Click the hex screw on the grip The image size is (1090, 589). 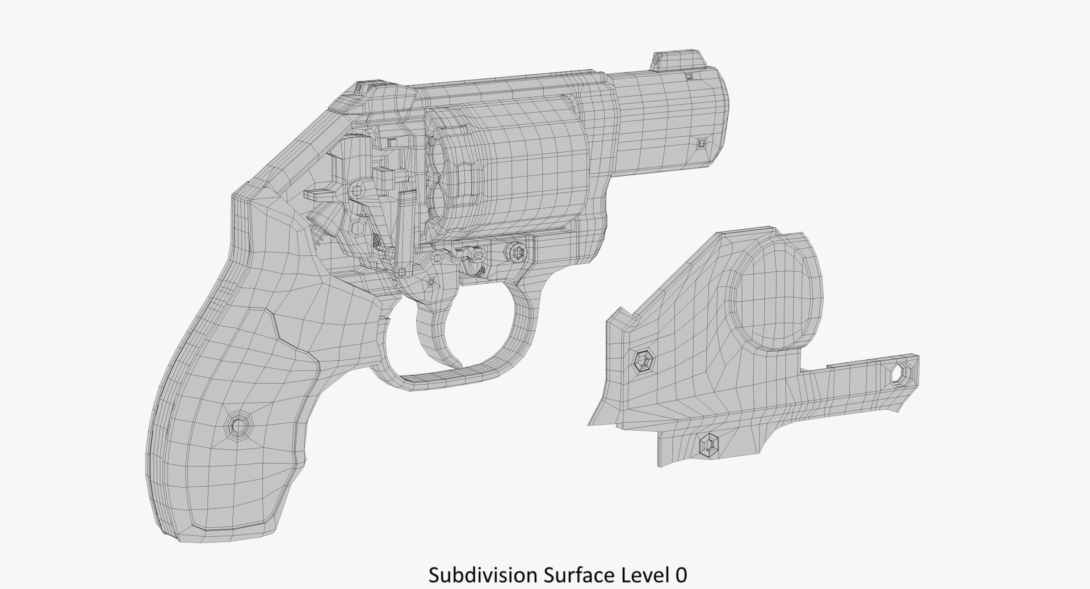pyautogui.click(x=237, y=423)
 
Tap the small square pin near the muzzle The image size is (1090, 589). pyautogui.click(x=702, y=143)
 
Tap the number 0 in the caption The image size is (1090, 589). pyautogui.click(x=681, y=575)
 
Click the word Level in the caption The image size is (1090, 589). pyautogui.click(x=644, y=575)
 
